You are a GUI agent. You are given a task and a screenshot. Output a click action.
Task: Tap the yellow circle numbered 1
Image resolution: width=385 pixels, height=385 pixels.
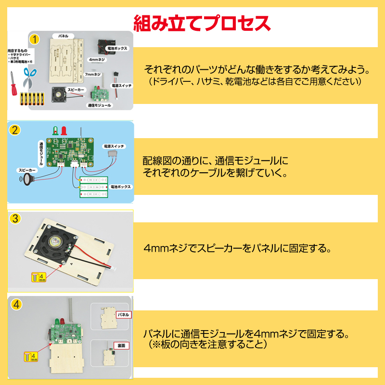click(x=34, y=39)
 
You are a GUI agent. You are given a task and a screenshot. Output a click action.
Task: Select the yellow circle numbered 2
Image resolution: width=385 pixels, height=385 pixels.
click(x=15, y=130)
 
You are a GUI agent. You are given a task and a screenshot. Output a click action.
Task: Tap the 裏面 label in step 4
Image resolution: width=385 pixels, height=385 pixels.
click(x=120, y=346)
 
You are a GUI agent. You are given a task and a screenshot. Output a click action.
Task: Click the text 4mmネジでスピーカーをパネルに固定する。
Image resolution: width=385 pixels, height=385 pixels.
click(x=237, y=249)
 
